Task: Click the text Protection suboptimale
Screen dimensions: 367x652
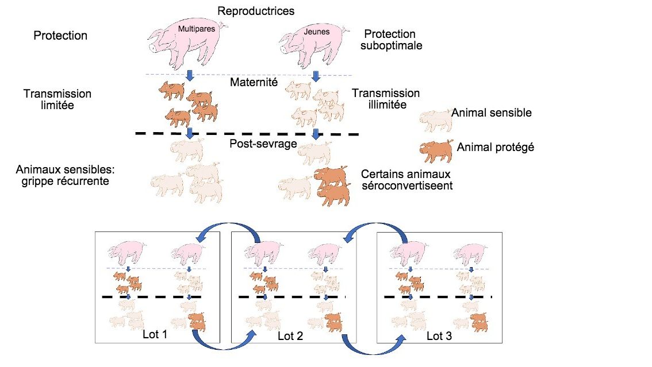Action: [x=391, y=40]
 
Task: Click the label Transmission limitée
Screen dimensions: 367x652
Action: [x=57, y=99]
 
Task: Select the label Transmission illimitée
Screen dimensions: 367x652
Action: [x=386, y=99]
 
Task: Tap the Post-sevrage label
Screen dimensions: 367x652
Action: [x=263, y=144]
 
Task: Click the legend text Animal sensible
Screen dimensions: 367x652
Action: [x=491, y=113]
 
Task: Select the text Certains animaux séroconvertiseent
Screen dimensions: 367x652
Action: [x=405, y=180]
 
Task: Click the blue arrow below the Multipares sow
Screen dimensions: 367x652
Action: [x=190, y=77]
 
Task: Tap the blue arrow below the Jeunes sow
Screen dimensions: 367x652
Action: [x=316, y=77]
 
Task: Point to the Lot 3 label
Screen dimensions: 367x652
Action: [x=440, y=336]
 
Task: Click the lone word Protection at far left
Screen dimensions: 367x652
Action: [x=60, y=36]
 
